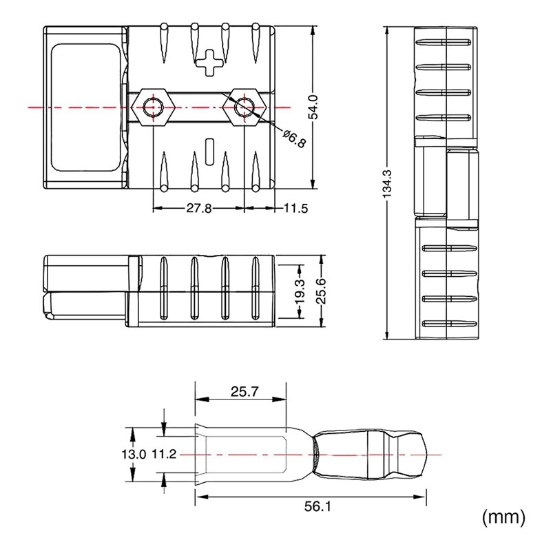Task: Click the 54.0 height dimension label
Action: (x=313, y=107)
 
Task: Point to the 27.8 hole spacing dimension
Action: (x=199, y=208)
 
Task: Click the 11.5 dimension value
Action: (x=295, y=208)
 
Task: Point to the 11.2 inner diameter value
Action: (x=164, y=454)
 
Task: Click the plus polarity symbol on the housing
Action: (x=211, y=61)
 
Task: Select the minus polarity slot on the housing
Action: (x=211, y=149)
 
